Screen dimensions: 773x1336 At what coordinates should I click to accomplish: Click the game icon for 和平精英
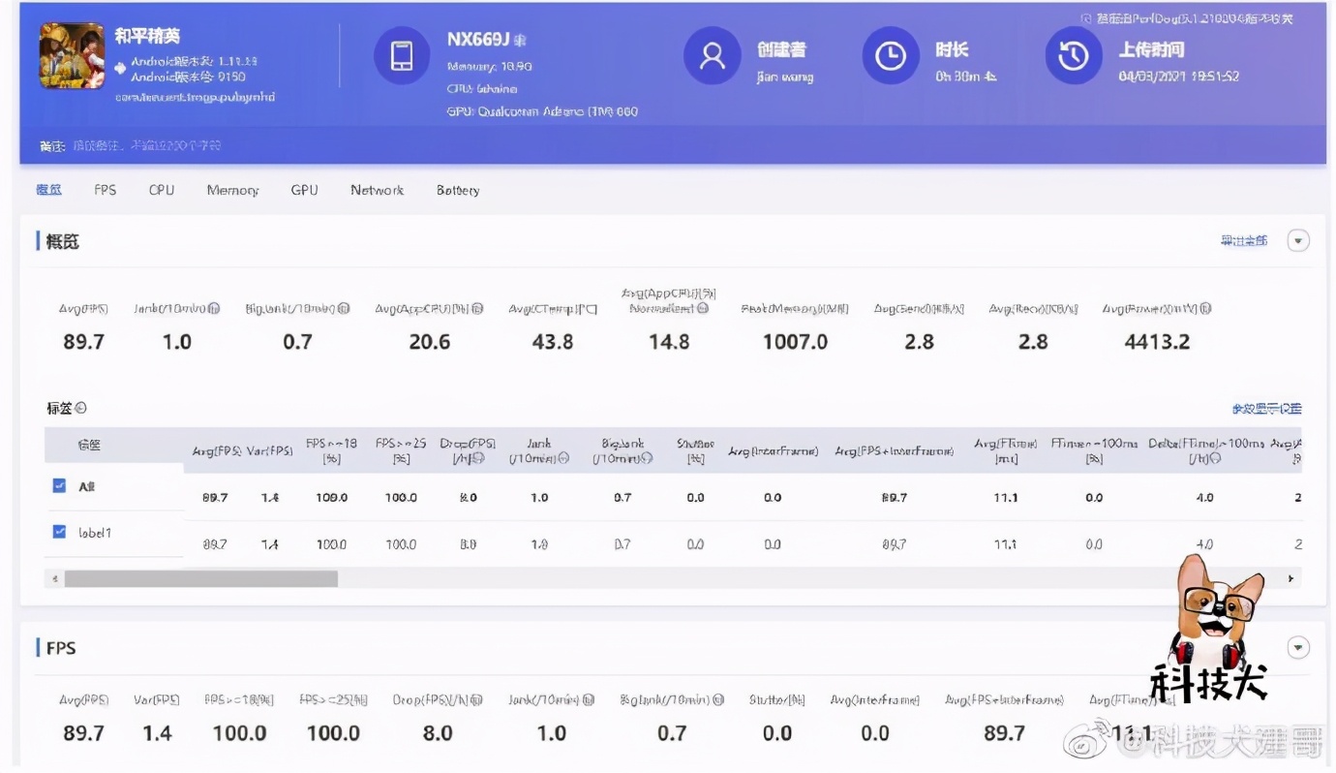72,56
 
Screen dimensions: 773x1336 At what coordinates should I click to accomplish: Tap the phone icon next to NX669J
401,56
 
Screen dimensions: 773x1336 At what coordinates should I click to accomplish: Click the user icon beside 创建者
712,56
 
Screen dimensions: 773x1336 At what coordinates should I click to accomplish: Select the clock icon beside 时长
890,56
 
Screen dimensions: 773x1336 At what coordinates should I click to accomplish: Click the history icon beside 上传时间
1073,56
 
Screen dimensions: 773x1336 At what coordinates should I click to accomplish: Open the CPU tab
162,190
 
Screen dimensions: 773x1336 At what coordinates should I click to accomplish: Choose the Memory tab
232,190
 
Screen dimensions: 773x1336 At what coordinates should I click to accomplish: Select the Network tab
377,190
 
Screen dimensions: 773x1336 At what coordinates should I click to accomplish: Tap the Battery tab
458,190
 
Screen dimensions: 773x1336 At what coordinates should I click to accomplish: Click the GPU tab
304,190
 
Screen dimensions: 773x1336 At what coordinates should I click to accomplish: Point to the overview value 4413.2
1157,342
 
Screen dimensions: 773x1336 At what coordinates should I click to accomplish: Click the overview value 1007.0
795,342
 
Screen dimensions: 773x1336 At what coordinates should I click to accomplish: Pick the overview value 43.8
553,342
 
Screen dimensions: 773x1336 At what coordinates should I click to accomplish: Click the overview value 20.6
430,342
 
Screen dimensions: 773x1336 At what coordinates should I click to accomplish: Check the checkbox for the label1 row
59,532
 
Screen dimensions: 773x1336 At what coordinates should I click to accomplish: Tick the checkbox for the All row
59,485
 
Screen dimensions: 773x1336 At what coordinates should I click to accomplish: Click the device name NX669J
478,40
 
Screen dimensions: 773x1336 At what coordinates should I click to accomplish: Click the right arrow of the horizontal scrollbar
1290,578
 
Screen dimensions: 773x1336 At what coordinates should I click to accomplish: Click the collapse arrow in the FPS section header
1298,648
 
